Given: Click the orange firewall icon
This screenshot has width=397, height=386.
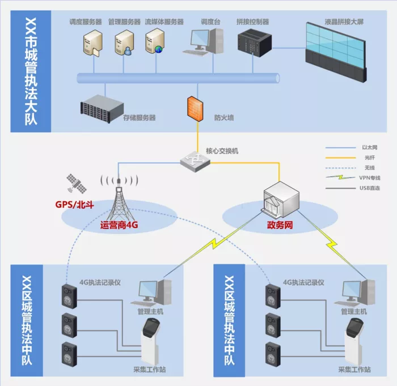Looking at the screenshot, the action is pyautogui.click(x=195, y=109).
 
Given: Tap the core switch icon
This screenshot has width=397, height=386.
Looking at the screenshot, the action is pyautogui.click(x=195, y=162).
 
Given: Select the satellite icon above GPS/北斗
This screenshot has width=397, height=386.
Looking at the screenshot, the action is pyautogui.click(x=77, y=183).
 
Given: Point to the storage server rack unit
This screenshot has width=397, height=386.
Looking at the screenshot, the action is pyautogui.click(x=102, y=109).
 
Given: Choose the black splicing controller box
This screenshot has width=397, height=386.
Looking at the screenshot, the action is pyautogui.click(x=255, y=43).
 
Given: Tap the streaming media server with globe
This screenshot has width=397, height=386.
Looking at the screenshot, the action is pyautogui.click(x=155, y=40).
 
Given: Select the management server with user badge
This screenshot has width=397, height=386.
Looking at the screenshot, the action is pyautogui.click(x=124, y=42).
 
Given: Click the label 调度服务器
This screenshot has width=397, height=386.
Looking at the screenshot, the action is pyautogui.click(x=86, y=22).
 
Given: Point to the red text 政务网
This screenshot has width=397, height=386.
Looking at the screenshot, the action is pyautogui.click(x=280, y=225).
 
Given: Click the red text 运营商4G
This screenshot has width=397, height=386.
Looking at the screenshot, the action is pyautogui.click(x=119, y=225).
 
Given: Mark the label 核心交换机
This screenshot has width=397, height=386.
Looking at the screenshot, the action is pyautogui.click(x=222, y=151).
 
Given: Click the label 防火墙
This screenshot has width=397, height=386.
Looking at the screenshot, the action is pyautogui.click(x=224, y=118).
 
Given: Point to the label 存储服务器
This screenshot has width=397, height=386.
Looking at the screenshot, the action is pyautogui.click(x=140, y=118).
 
